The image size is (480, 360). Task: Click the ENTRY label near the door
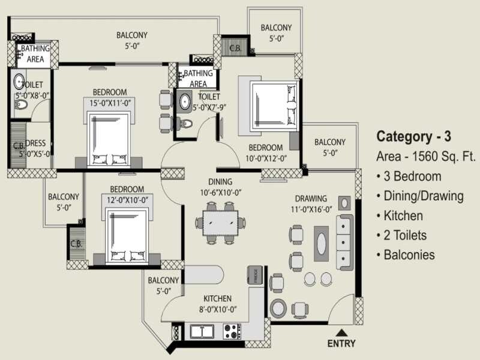(341, 344)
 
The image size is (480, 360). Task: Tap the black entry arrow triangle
(341, 332)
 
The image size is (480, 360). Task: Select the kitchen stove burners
(232, 331)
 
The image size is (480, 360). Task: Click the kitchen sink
(203, 331)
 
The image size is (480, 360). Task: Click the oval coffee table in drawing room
(322, 243)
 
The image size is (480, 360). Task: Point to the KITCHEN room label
(217, 298)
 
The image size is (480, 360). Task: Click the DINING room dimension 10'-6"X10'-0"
(220, 193)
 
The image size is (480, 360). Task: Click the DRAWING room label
(311, 199)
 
